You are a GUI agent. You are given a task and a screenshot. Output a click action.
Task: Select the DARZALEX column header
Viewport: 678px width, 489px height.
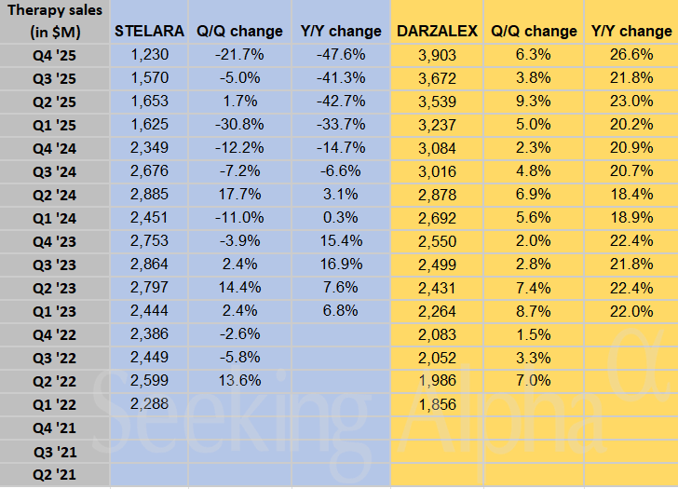(437, 31)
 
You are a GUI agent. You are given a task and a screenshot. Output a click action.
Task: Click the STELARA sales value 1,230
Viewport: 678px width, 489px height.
(149, 54)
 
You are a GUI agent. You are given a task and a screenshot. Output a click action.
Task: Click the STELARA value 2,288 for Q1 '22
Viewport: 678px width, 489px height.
(149, 405)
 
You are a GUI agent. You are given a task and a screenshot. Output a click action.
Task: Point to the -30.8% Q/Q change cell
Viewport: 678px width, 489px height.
(239, 124)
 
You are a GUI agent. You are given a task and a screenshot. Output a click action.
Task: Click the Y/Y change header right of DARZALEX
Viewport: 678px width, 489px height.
(631, 31)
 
